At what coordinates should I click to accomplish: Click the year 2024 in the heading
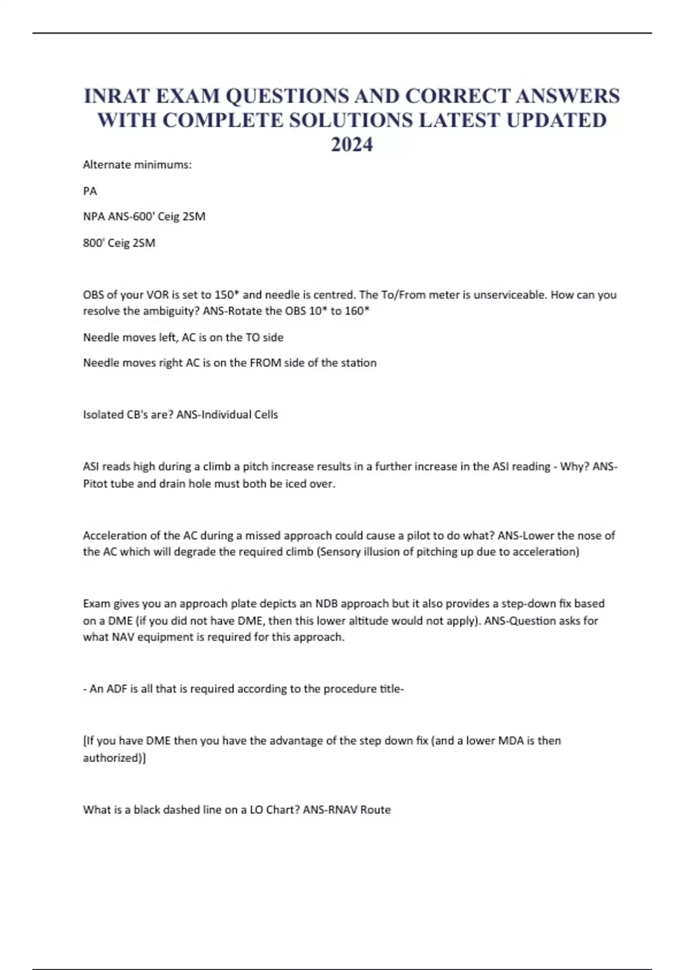click(352, 145)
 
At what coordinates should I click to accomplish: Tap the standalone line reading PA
click(90, 191)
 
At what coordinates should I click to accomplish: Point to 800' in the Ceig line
click(94, 243)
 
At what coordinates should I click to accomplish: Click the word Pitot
click(96, 484)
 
